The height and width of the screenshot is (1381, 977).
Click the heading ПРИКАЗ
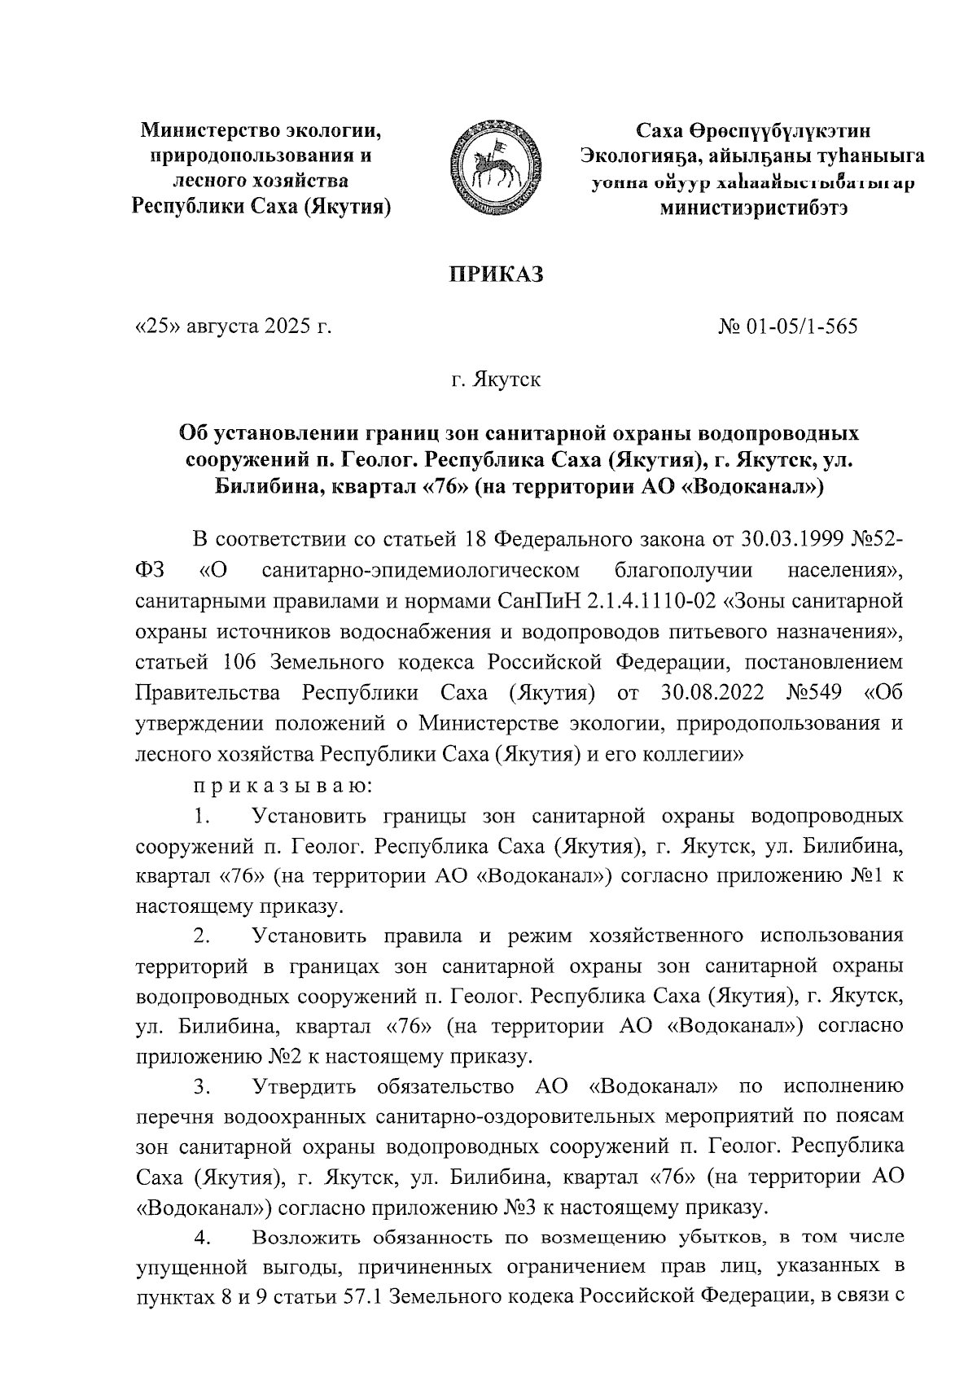pyautogui.click(x=497, y=274)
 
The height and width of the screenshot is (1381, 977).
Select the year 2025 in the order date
pyautogui.click(x=287, y=327)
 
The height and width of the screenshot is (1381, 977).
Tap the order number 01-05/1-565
pyautogui.click(x=800, y=327)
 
